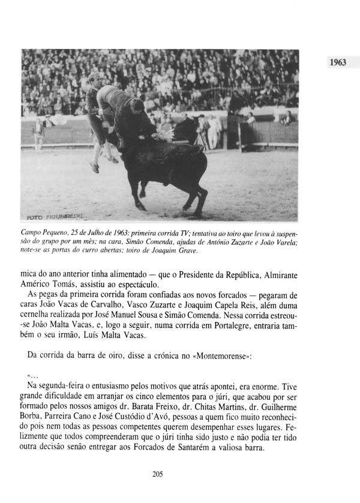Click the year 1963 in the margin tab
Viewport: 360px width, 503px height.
338,62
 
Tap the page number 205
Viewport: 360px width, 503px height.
158,474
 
